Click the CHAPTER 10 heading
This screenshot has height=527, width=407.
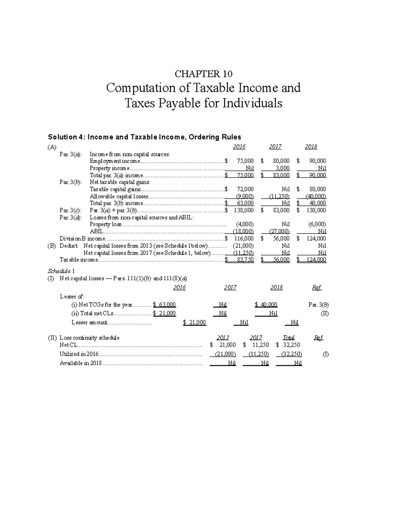[203, 74]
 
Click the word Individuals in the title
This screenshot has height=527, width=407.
[252, 103]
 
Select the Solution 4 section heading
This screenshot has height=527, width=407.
[144, 137]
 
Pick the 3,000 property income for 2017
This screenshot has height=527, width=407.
[283, 168]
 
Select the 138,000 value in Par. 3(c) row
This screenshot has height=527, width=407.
[244, 210]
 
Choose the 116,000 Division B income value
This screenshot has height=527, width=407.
[244, 239]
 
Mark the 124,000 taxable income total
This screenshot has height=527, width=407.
[316, 260]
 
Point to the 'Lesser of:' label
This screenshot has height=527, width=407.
[72, 296]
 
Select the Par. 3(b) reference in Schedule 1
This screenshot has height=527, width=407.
[318, 305]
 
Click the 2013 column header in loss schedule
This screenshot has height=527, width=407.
[222, 338]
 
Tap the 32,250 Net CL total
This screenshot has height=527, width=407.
[291, 345]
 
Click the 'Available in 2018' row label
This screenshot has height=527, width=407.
[81, 363]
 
